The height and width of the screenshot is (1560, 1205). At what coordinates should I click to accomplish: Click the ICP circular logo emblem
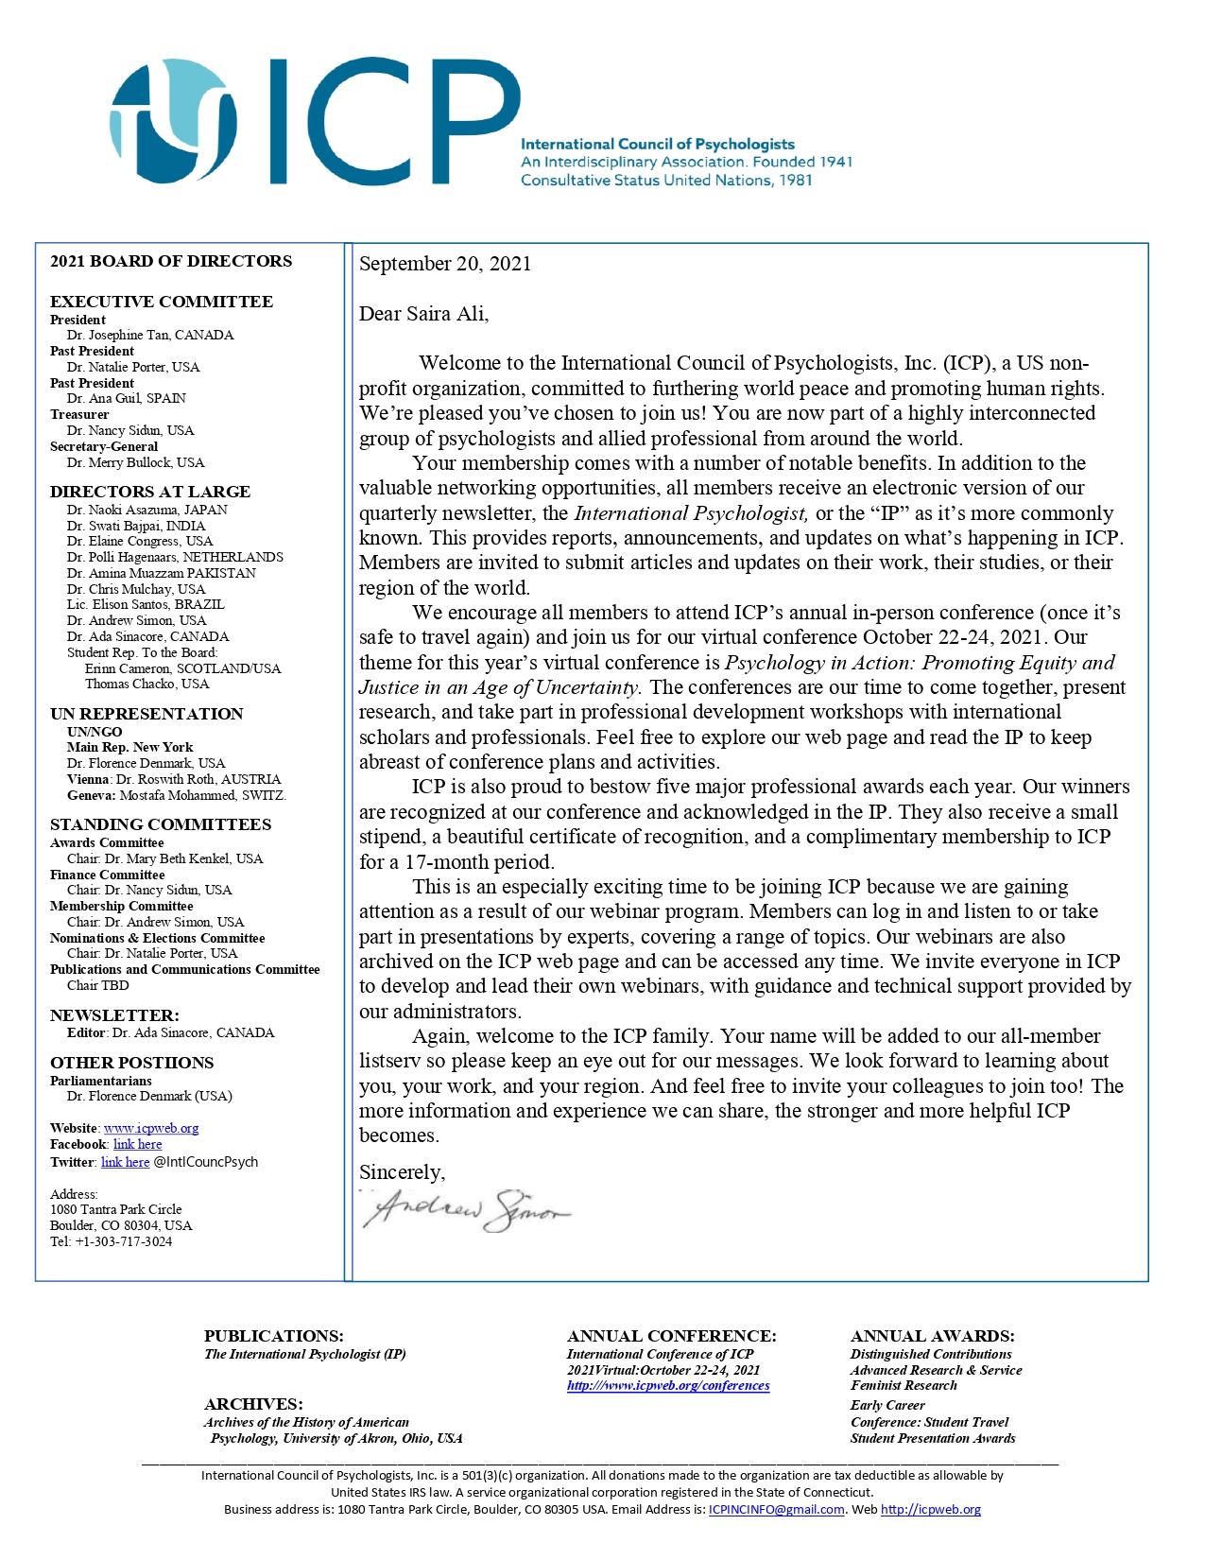coord(172,120)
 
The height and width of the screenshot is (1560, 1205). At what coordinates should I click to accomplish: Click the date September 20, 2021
coord(445,264)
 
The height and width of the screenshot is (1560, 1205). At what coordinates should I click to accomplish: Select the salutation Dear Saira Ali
coord(423,314)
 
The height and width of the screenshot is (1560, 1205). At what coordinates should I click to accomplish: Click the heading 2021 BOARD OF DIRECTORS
coord(171,261)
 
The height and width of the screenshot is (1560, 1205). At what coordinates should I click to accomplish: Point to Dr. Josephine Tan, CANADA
coord(149,335)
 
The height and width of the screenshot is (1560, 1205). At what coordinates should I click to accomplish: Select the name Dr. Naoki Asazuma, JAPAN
coord(146,510)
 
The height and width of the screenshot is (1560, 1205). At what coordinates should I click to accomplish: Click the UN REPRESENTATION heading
coord(146,714)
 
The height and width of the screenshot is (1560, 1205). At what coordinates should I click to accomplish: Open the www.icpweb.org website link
coord(151,1128)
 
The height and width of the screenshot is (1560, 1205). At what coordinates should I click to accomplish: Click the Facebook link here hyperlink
coord(138,1144)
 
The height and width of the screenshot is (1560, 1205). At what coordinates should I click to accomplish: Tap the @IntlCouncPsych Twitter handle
coord(205,1162)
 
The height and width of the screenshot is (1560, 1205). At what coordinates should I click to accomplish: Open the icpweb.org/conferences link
coord(668,1386)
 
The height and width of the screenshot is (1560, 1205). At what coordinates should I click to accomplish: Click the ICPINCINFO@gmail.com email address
coord(776,1510)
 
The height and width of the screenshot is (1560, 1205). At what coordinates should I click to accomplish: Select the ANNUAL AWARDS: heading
coord(932,1336)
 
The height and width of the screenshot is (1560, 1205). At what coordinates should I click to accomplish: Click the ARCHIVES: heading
coord(253,1404)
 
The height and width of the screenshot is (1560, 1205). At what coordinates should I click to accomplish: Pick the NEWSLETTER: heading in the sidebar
coord(114,1015)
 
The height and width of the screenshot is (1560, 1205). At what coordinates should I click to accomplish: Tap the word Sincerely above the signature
coord(402,1172)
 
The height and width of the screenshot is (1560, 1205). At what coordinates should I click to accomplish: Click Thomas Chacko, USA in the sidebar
coord(146,684)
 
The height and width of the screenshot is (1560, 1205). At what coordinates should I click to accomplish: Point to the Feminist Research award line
coord(904,1385)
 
